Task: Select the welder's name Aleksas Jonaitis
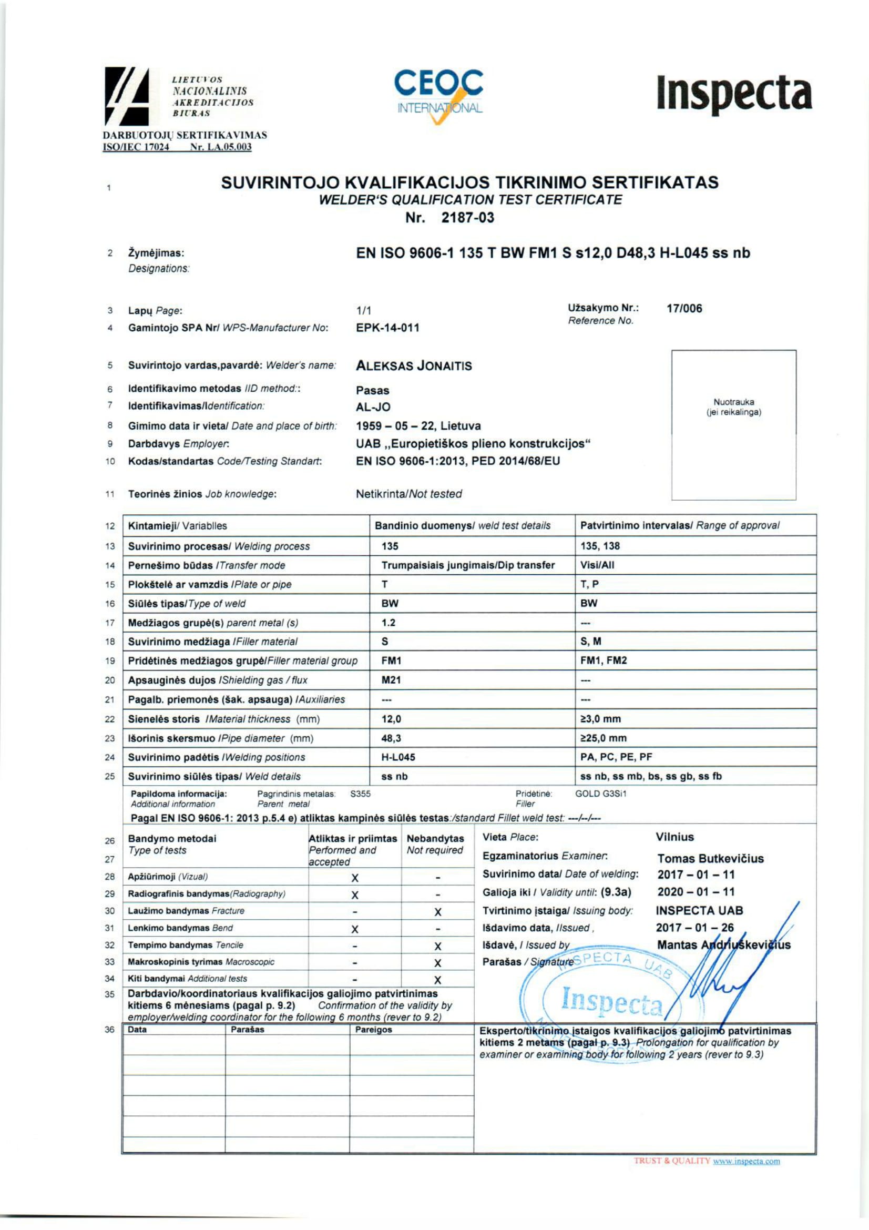[x=414, y=366]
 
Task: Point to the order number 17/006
[x=684, y=309]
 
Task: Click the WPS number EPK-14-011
[x=387, y=328]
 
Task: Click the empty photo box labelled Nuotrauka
[x=733, y=425]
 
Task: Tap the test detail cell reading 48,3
[x=391, y=738]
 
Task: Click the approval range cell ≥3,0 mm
[x=600, y=719]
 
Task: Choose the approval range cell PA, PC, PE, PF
[x=616, y=757]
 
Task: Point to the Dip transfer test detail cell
[x=467, y=565]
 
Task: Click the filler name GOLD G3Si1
[x=600, y=794]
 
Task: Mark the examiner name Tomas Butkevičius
[x=710, y=859]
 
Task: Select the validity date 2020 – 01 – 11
[x=696, y=892]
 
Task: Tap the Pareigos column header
[x=373, y=1030]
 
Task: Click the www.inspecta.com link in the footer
[x=746, y=1162]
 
